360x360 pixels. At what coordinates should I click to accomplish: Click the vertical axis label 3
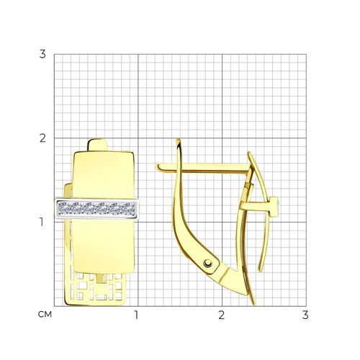42,54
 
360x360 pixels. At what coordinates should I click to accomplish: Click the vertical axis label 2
42,138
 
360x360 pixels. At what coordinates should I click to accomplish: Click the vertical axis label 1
42,222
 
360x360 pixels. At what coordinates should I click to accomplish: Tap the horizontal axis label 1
137,315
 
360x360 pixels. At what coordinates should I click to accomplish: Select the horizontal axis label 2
221,315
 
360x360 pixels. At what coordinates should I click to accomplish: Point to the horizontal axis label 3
305,315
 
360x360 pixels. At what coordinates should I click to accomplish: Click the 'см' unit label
45,315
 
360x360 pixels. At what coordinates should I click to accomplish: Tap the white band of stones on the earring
97,208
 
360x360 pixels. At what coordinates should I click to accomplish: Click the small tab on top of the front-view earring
98,145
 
